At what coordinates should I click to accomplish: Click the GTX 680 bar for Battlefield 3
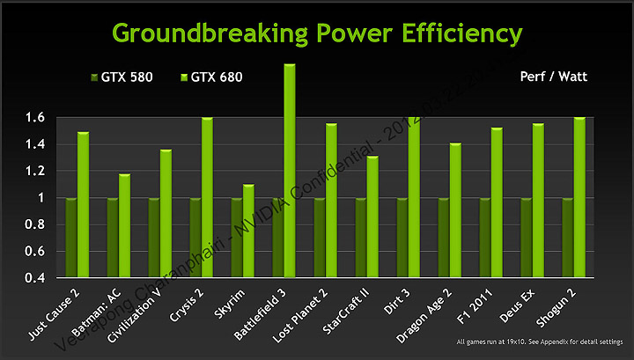coord(289,171)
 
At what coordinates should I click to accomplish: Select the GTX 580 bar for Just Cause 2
coord(71,238)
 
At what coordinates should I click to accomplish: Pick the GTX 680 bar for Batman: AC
coord(124,225)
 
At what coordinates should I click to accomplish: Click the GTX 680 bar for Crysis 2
coord(207,197)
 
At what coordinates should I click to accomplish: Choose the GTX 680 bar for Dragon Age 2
coord(455,210)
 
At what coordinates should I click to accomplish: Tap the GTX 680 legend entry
coord(211,77)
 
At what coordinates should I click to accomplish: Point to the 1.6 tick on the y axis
coord(34,117)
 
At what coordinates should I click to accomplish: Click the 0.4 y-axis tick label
coord(34,278)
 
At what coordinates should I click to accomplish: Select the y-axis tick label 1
coord(41,198)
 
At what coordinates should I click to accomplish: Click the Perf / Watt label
coord(557,77)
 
